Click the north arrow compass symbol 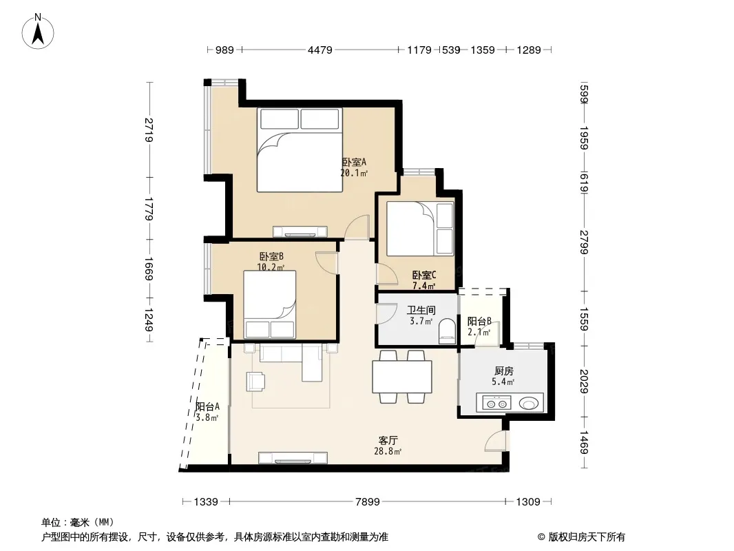tap(38, 31)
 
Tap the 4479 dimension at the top tap(319, 50)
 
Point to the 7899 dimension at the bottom tap(368, 502)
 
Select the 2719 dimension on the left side tap(149, 130)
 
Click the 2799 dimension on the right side tap(584, 242)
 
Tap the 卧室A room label tap(354, 162)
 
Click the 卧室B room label tap(271, 256)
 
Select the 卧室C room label tap(424, 275)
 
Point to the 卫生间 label tap(421, 310)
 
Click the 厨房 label tap(504, 371)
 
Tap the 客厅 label tap(388, 441)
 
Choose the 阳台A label tap(207, 407)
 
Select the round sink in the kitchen tap(529, 403)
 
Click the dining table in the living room tap(402, 377)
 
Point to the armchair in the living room tap(255, 381)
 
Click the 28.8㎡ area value tap(388, 452)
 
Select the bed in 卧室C tap(420, 229)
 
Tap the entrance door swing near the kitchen tap(496, 441)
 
